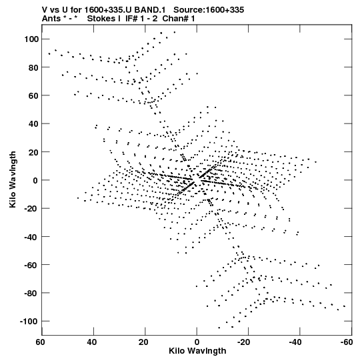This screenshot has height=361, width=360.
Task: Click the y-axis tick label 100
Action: (x=31, y=39)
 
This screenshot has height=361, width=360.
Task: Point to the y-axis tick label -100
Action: (x=29, y=321)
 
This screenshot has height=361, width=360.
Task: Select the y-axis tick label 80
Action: (x=33, y=67)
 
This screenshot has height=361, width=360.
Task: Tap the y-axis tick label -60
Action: (x=31, y=265)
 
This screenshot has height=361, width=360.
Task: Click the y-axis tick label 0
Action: (x=35, y=180)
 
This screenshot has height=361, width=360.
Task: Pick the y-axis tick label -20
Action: (x=31, y=208)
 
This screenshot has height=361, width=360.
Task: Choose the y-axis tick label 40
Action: (x=33, y=123)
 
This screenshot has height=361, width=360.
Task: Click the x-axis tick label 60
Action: (x=40, y=342)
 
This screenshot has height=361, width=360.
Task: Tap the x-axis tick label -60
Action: (x=346, y=342)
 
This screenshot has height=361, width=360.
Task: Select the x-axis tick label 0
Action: (x=197, y=342)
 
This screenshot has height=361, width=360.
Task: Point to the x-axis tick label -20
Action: (x=243, y=342)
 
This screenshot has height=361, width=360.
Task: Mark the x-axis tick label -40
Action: (x=295, y=342)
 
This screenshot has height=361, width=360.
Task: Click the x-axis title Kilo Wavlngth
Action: (x=197, y=351)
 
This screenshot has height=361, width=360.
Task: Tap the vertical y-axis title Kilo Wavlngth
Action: (x=13, y=179)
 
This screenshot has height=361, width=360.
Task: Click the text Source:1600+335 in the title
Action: (x=209, y=9)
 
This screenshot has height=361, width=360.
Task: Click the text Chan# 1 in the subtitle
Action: (x=179, y=19)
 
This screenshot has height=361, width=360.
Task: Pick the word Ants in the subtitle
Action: (x=51, y=19)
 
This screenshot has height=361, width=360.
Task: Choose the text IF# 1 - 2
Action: (x=141, y=19)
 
